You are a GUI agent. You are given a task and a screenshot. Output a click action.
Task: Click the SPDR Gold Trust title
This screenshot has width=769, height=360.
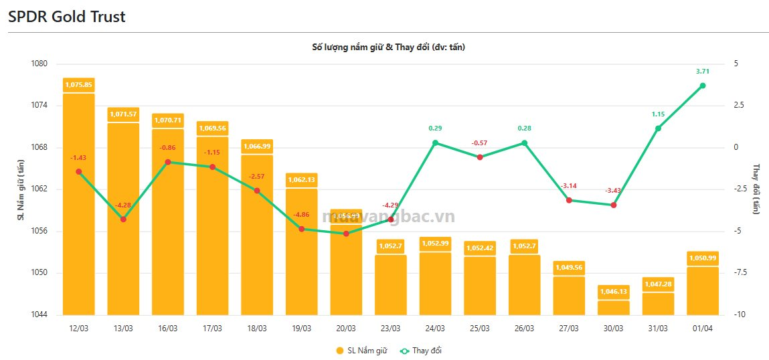[x=67, y=17]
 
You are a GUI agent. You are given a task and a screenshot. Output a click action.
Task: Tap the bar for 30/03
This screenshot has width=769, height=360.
[x=613, y=307]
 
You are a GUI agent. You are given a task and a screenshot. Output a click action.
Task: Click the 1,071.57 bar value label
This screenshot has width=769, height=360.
[x=123, y=114]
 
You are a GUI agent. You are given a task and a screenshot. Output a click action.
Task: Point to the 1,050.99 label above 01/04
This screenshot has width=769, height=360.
[x=703, y=258]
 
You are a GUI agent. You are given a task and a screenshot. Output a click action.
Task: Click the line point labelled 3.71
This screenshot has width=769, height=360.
[x=703, y=86]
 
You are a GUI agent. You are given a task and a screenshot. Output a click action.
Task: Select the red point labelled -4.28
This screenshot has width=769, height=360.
[x=123, y=219]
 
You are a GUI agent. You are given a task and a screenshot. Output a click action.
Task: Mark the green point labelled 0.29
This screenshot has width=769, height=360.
[x=435, y=143]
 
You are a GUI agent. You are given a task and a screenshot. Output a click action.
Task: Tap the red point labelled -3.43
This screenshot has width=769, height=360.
[x=613, y=205]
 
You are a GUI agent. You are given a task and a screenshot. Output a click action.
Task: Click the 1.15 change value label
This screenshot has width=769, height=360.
[x=658, y=114]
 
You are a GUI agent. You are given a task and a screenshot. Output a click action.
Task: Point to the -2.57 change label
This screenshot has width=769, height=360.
[x=257, y=176]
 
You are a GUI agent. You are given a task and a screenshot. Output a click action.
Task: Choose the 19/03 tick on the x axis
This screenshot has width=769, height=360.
[x=301, y=329]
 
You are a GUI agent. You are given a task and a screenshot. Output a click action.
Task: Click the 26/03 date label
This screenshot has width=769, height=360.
[x=524, y=329]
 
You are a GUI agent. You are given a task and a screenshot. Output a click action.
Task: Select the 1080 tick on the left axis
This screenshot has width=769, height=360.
[x=39, y=64]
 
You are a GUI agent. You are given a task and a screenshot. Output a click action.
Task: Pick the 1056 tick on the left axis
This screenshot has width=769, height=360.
[x=39, y=231]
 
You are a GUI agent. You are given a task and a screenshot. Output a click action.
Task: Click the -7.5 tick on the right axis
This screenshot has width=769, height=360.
[x=738, y=273]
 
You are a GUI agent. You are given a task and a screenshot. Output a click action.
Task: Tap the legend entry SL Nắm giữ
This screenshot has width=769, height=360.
[x=361, y=351]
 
